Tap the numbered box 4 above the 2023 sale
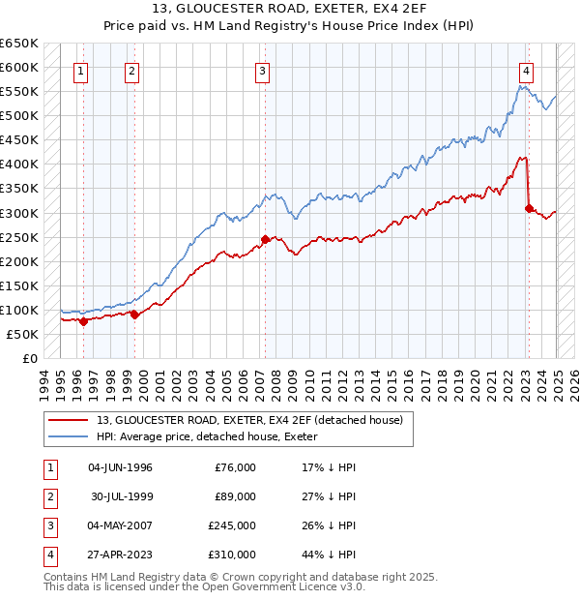click(526, 70)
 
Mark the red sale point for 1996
click(83, 321)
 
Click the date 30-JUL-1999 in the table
click(121, 496)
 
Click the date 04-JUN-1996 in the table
click(121, 467)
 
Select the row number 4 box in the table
click(48, 555)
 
